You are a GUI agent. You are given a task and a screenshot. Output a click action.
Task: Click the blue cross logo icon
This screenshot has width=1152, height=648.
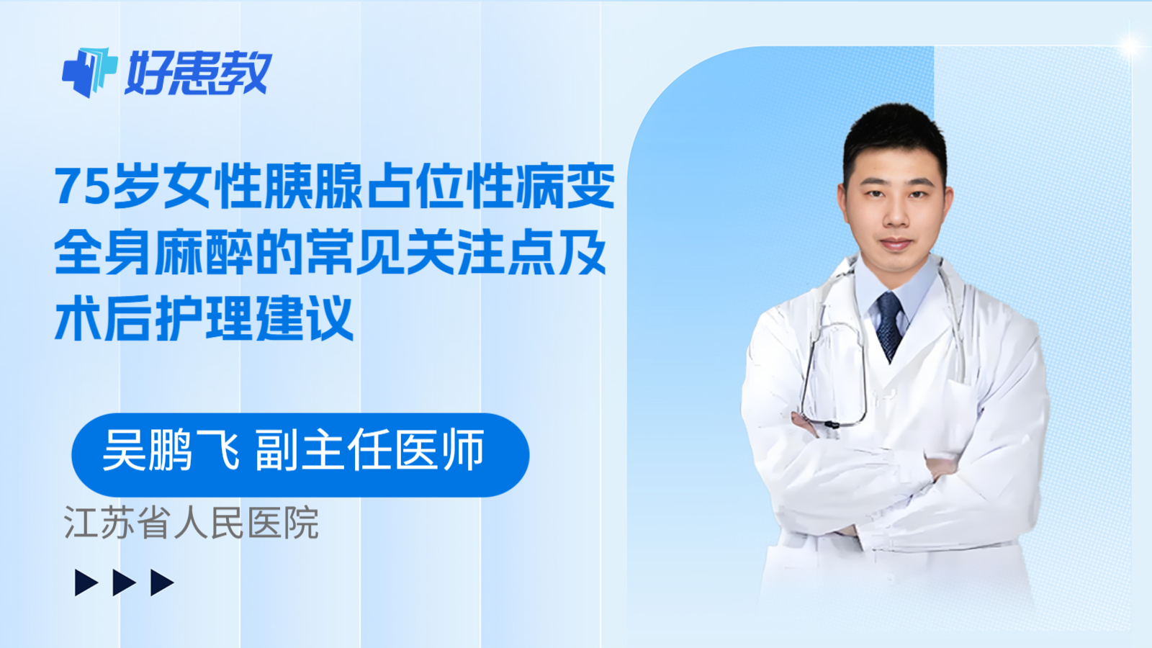[x=89, y=72]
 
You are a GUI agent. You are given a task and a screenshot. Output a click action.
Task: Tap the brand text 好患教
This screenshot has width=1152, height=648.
[x=199, y=73]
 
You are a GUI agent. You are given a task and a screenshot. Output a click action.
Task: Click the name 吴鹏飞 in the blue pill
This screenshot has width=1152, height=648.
[x=171, y=451]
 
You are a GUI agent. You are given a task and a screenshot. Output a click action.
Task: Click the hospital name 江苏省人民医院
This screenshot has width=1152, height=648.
[x=192, y=523]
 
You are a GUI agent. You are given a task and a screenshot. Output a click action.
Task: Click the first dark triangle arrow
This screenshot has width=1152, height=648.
[x=86, y=582]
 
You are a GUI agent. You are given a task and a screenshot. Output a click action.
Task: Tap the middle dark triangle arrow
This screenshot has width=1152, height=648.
[x=124, y=582]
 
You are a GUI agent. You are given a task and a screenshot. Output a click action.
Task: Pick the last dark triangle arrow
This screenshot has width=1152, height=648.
[x=162, y=582]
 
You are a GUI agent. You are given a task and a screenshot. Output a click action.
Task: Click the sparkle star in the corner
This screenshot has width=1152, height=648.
[x=1130, y=46]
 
